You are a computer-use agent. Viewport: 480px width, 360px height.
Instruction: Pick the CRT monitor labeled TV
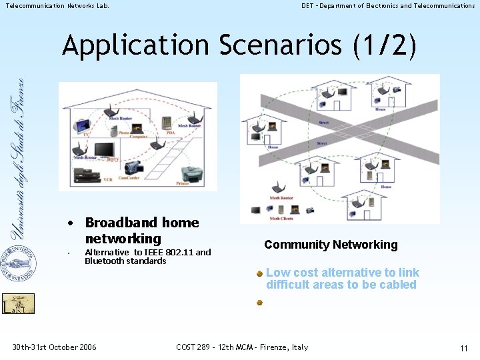click(82, 125)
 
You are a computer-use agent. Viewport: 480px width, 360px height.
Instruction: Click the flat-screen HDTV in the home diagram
click(104, 151)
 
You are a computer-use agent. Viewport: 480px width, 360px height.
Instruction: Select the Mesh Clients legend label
click(281, 218)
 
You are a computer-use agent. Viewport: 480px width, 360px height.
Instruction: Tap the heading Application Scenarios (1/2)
click(240, 45)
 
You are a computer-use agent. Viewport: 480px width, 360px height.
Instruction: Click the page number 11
click(464, 348)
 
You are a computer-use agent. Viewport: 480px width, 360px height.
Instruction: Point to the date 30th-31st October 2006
click(54, 347)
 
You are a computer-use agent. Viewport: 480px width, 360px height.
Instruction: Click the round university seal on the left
click(19, 264)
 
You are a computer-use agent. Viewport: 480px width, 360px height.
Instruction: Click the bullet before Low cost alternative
click(260, 273)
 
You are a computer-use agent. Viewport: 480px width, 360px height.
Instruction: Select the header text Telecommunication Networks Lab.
click(57, 6)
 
